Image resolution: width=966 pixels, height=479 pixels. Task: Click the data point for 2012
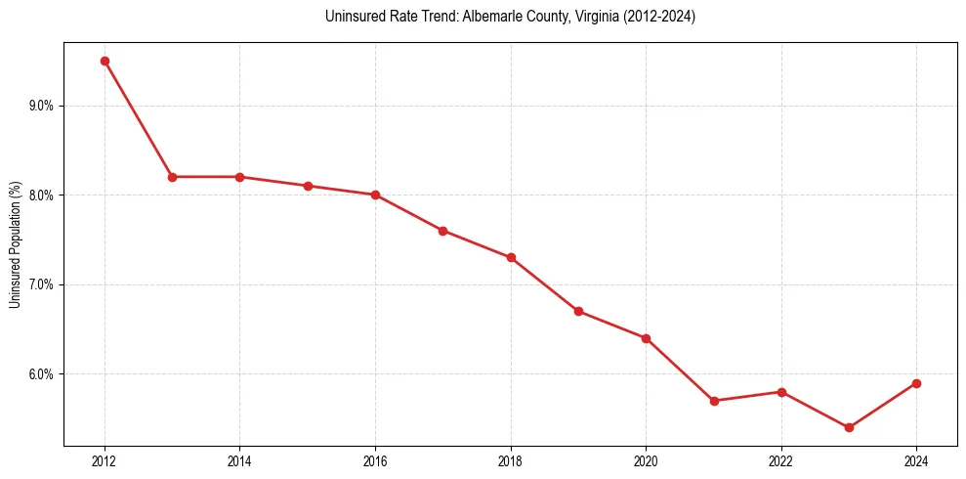pyautogui.click(x=105, y=61)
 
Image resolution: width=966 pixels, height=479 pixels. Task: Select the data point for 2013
pyautogui.click(x=172, y=177)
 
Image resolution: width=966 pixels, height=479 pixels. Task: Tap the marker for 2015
pyautogui.click(x=308, y=186)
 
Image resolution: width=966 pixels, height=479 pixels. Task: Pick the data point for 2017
pyautogui.click(x=442, y=231)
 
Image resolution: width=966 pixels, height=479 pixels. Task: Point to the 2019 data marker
pyautogui.click(x=578, y=312)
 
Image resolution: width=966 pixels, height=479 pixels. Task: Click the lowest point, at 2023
pyautogui.click(x=849, y=428)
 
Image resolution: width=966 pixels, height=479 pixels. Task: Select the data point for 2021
pyautogui.click(x=714, y=401)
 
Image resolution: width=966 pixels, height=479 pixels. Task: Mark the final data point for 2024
pyautogui.click(x=916, y=383)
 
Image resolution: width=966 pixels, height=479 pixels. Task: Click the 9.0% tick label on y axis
pyautogui.click(x=44, y=106)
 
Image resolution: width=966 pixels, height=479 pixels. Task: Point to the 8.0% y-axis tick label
pyautogui.click(x=44, y=196)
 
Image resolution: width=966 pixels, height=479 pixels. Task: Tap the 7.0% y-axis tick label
pyautogui.click(x=44, y=284)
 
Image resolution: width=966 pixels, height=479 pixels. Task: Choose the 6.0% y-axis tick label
pyautogui.click(x=44, y=374)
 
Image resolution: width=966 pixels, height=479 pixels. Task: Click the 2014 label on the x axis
pyautogui.click(x=239, y=459)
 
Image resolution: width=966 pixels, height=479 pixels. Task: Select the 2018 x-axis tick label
pyautogui.click(x=510, y=459)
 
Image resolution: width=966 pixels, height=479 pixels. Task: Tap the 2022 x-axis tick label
pyautogui.click(x=780, y=459)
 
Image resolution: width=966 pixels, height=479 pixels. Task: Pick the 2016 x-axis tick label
pyautogui.click(x=375, y=459)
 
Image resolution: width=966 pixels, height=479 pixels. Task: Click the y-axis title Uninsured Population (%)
pyautogui.click(x=15, y=244)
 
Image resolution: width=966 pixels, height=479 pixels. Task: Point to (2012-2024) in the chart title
pyautogui.click(x=661, y=17)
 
